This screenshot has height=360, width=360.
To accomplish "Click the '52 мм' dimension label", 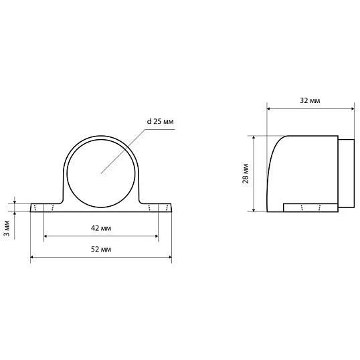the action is [x=101, y=249].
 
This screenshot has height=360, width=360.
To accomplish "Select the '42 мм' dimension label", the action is [x=101, y=228].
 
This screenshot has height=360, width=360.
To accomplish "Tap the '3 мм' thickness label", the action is [x=7, y=228].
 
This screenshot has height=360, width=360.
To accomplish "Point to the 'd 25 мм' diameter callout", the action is [x=160, y=121].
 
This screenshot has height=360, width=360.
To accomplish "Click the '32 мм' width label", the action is [x=310, y=100].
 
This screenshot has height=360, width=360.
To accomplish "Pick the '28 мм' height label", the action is [x=246, y=173].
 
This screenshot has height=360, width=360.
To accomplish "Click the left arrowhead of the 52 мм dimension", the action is [x=32, y=257].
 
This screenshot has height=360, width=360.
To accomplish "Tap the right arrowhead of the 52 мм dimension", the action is [x=170, y=257].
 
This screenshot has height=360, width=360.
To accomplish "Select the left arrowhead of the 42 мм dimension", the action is [x=46, y=236].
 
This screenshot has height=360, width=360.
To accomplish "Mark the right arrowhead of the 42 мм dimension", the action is [x=157, y=236].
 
